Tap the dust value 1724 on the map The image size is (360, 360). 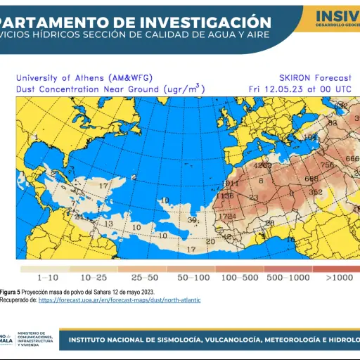click(x=227, y=216)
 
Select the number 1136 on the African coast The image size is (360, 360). click(x=224, y=196)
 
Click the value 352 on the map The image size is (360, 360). click(x=316, y=191)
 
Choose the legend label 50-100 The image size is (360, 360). click(x=193, y=278)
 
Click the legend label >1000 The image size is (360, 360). click(x=340, y=278)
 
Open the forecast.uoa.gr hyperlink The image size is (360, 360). click(x=120, y=300)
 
